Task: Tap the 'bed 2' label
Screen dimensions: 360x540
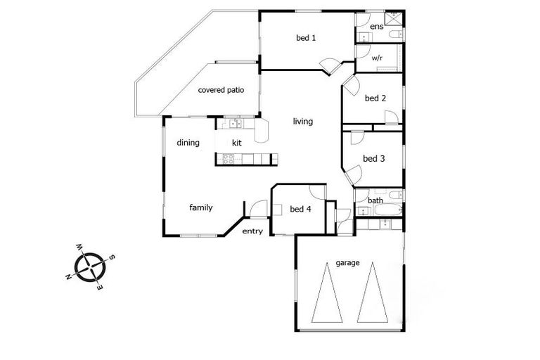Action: point(375,98)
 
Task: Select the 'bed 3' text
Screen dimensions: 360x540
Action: point(373,159)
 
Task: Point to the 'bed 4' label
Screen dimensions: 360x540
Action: point(300,209)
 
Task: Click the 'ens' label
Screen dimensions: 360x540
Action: point(376,27)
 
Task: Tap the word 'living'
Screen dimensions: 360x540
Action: point(303,122)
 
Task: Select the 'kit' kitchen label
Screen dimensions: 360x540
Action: point(237,143)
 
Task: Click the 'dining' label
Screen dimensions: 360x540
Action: point(188,143)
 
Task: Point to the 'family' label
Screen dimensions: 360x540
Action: point(200,208)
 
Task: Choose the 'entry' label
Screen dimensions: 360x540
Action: point(252,231)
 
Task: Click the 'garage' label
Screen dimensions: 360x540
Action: point(347,263)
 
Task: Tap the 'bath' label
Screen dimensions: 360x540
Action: point(376,201)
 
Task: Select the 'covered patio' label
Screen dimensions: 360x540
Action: point(221,90)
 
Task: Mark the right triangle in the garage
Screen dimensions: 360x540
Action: point(373,291)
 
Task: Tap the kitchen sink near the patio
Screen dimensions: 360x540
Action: point(236,124)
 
